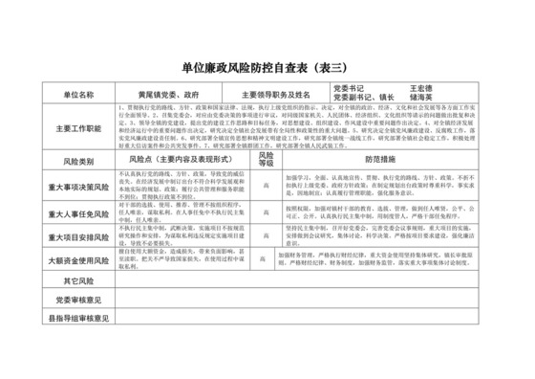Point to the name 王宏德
pos(423,91)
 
